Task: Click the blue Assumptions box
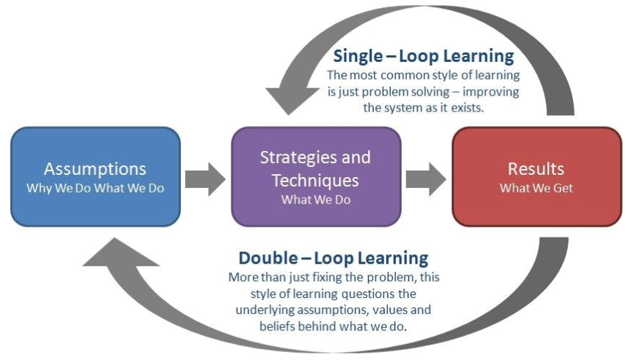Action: (x=95, y=176)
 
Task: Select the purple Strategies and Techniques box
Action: (x=316, y=176)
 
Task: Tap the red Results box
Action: (x=537, y=176)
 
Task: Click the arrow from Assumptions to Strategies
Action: (x=205, y=179)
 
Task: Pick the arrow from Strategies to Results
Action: (x=426, y=179)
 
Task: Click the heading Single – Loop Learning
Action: (x=424, y=55)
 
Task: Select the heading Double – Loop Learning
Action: (x=333, y=257)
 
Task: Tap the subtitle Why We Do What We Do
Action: (x=95, y=188)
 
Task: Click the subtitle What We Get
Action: (x=536, y=188)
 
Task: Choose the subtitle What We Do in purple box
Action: (x=316, y=200)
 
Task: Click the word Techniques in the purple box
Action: (x=315, y=180)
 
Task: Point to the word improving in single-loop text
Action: (x=491, y=92)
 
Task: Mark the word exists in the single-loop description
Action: (x=467, y=108)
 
